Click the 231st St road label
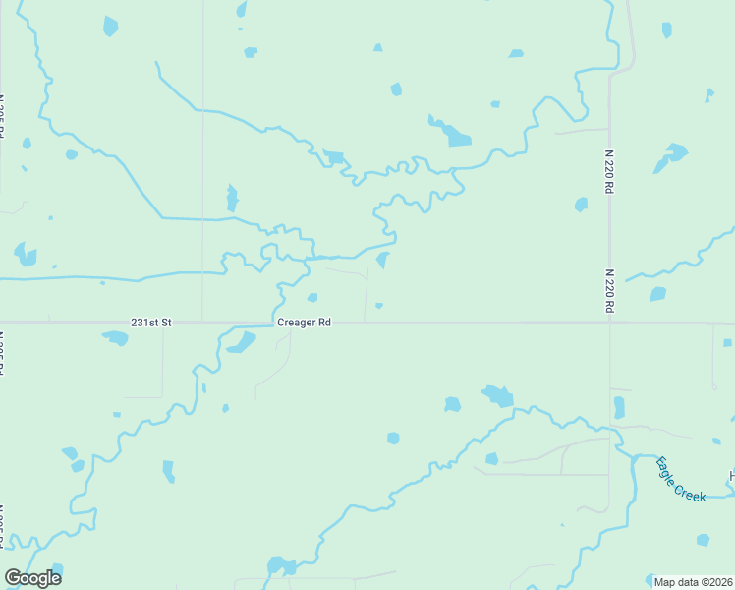(x=151, y=322)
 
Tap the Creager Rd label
(x=303, y=322)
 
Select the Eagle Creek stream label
(x=681, y=479)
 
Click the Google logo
(x=32, y=578)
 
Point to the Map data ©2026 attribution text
(x=694, y=581)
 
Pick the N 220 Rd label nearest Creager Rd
(x=609, y=292)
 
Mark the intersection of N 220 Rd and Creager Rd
(x=609, y=323)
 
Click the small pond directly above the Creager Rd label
(x=311, y=298)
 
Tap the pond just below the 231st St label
(x=116, y=338)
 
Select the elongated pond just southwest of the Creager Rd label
(x=241, y=342)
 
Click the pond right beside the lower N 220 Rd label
(x=657, y=294)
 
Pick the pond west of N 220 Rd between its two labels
(x=581, y=205)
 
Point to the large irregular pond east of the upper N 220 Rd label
(x=672, y=155)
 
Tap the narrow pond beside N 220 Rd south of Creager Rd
(x=619, y=407)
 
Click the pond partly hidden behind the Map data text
(x=657, y=580)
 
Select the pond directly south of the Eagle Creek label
(x=703, y=540)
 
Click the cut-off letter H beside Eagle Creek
(x=731, y=477)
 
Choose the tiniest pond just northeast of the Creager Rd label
(x=378, y=305)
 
